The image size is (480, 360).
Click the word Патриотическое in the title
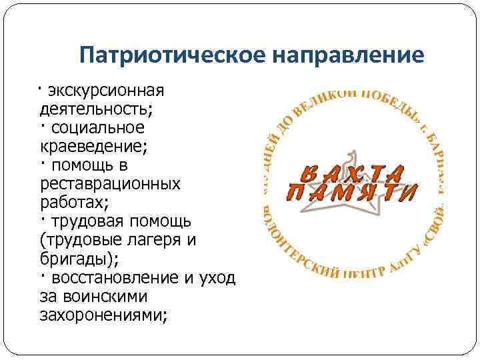pyautogui.click(x=172, y=55)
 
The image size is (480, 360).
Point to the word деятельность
pyautogui.click(x=94, y=109)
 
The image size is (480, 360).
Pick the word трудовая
pyautogui.click(x=83, y=220)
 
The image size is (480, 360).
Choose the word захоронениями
pyautogui.click(x=101, y=314)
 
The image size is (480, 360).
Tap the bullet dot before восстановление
pyautogui.click(x=41, y=274)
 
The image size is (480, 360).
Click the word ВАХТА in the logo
pyautogui.click(x=351, y=174)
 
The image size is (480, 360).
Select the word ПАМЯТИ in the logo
pyautogui.click(x=351, y=194)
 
